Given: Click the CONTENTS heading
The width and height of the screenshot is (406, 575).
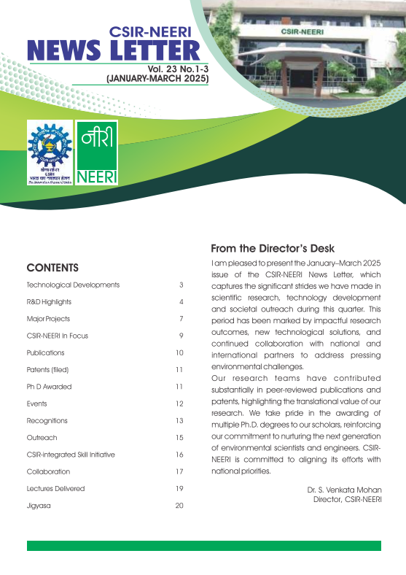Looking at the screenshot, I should pyautogui.click(x=52, y=267).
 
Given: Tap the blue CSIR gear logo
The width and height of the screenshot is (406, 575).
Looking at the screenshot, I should pyautogui.click(x=50, y=152).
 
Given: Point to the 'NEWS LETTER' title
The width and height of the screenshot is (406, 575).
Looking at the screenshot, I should pyautogui.click(x=113, y=50).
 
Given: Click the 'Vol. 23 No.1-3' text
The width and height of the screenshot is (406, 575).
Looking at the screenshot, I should pyautogui.click(x=177, y=68).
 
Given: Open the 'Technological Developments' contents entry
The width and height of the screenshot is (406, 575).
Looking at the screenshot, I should pyautogui.click(x=73, y=285).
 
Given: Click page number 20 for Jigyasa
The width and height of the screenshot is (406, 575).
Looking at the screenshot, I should pyautogui.click(x=179, y=506).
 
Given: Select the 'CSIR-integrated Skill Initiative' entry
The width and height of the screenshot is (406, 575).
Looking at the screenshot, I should pyautogui.click(x=71, y=455).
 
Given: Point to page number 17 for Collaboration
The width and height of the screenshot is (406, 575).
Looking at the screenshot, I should pyautogui.click(x=179, y=471).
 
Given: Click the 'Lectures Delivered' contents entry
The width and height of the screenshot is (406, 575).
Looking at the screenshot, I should pyautogui.click(x=55, y=488).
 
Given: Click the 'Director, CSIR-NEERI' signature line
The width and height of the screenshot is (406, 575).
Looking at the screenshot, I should pyautogui.click(x=347, y=500).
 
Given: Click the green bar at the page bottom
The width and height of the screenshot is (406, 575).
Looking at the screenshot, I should pyautogui.click(x=203, y=546).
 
